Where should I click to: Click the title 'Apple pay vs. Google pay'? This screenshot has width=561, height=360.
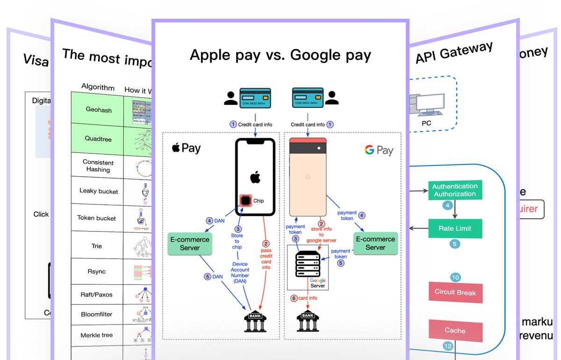(280, 55)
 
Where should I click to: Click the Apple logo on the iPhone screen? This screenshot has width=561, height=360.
(255, 178)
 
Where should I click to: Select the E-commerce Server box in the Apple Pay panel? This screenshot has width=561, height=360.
(190, 244)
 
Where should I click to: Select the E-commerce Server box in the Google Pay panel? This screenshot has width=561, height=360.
(375, 243)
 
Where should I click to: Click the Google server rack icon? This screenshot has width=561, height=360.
(308, 265)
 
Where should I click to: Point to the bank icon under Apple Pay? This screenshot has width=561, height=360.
(255, 322)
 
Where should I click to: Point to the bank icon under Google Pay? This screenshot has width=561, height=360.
(308, 322)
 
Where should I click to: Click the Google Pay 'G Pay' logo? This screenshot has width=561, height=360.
(379, 150)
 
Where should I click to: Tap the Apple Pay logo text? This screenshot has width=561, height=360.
(187, 148)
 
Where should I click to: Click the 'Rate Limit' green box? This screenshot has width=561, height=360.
(454, 229)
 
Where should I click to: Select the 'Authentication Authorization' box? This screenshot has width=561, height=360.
(454, 190)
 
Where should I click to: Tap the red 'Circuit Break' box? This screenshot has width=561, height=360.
(455, 293)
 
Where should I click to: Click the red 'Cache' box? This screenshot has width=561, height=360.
(455, 331)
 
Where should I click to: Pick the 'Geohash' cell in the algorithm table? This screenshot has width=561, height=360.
(98, 109)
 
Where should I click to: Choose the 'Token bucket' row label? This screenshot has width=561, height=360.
(97, 218)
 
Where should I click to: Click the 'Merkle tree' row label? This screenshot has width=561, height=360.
(97, 335)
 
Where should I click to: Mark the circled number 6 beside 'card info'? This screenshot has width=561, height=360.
(294, 298)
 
